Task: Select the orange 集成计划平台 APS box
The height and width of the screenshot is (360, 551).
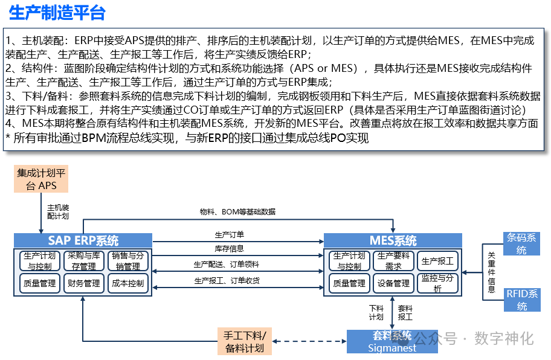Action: tap(41, 179)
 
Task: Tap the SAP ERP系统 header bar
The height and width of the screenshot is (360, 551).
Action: tap(83, 240)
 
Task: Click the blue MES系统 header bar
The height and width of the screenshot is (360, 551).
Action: tap(393, 240)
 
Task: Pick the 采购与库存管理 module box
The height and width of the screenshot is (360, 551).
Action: tap(84, 261)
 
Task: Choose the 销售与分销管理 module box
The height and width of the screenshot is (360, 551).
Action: tap(127, 261)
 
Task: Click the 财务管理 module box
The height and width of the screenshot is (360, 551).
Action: tap(84, 283)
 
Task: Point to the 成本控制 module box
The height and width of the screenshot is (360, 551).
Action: tap(127, 283)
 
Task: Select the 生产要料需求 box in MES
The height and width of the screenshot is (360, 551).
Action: tap(393, 261)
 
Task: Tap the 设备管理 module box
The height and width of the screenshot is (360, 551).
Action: tap(393, 283)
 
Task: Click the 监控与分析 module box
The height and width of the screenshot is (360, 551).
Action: tap(437, 283)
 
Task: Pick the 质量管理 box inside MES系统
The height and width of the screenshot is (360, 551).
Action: tap(349, 283)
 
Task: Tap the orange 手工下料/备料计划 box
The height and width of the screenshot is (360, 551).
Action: tap(244, 341)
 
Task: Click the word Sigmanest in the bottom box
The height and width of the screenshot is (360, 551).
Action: tap(392, 348)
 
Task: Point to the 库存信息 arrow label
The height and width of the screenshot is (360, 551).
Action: tap(230, 248)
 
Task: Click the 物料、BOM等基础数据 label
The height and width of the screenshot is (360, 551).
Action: tap(237, 212)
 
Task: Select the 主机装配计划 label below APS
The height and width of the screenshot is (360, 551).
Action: tap(58, 211)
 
